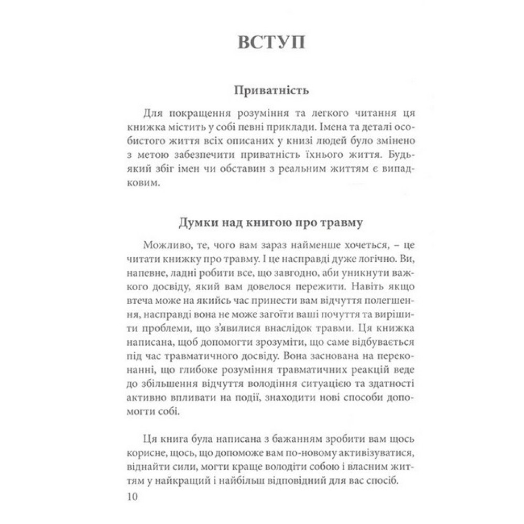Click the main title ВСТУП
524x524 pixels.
pyautogui.click(x=271, y=43)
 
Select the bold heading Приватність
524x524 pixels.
pyautogui.click(x=271, y=91)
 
